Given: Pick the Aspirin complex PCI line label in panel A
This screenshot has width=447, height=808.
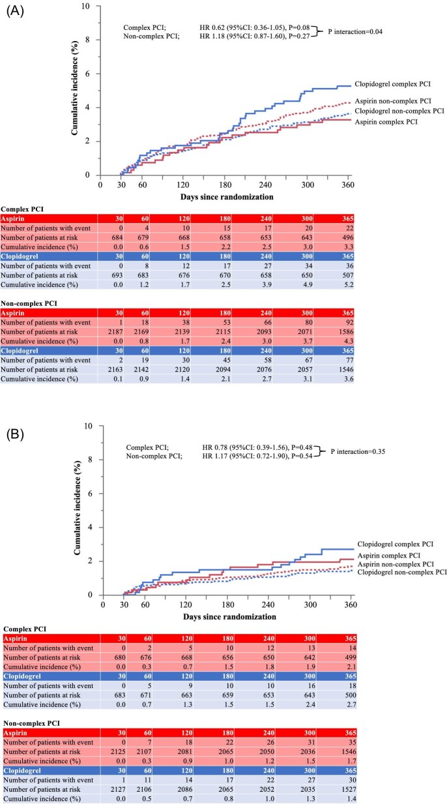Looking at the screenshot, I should (x=386, y=121).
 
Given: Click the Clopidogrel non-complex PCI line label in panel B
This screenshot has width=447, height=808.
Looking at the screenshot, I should (x=403, y=572).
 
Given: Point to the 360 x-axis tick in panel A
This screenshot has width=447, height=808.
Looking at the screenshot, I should (x=347, y=185).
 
